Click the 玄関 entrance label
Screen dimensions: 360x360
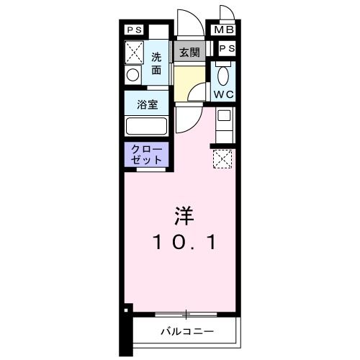(189, 53)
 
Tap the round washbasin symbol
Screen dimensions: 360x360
(132, 75)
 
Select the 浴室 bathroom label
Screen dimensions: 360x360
(147, 103)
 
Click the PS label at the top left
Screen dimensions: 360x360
(134, 30)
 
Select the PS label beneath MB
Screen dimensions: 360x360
(226, 48)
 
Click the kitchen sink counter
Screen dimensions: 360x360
(223, 124)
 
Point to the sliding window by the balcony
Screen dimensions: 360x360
(186, 314)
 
